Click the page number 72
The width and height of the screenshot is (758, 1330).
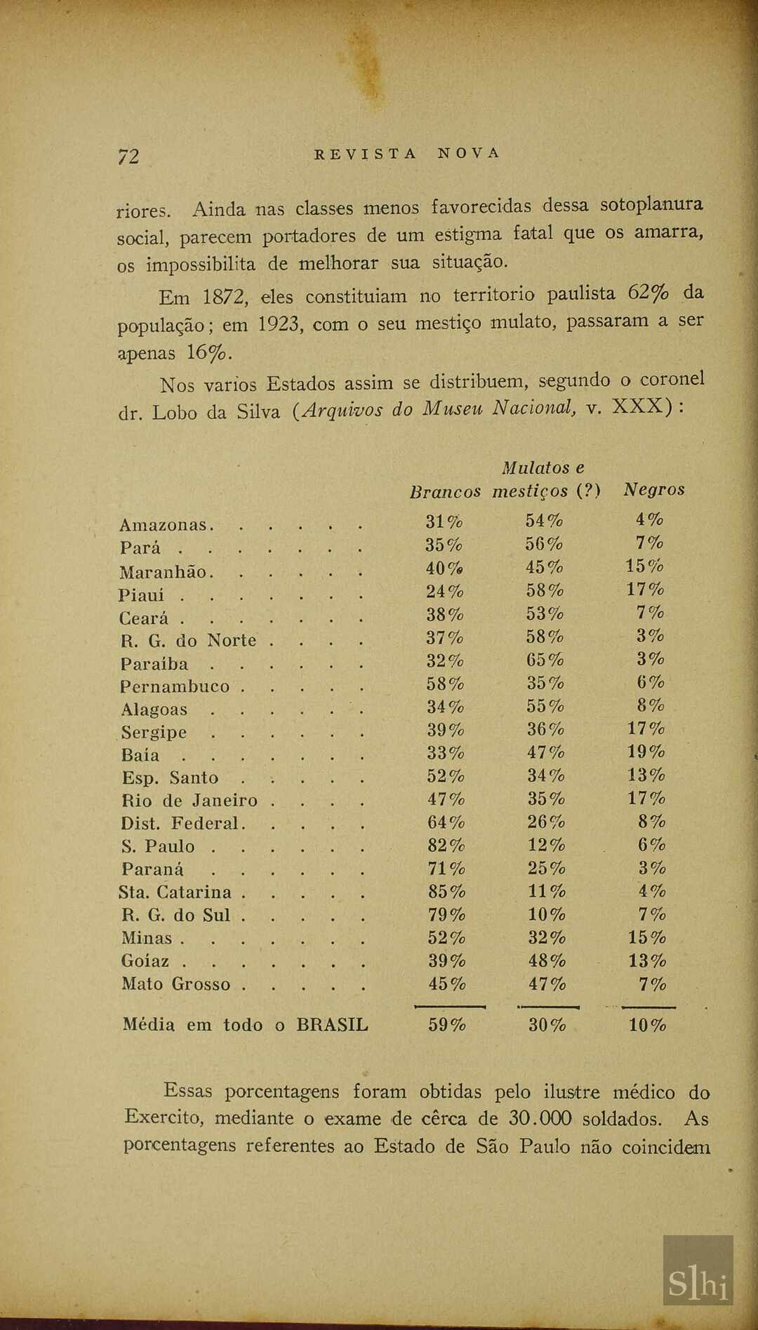coord(128,156)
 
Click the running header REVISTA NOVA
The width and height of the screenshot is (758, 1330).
coord(407,154)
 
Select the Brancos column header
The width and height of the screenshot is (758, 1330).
coord(445,491)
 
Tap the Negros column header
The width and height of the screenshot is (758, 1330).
coord(653,490)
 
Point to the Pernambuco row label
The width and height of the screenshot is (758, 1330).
coord(175,686)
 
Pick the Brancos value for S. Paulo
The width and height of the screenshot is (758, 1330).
coord(446,846)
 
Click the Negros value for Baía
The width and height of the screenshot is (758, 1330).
coord(646,752)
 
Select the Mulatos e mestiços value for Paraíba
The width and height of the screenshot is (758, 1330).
coord(545,660)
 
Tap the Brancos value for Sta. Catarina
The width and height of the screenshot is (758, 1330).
coord(446,892)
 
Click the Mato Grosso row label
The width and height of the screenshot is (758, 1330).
coord(175,984)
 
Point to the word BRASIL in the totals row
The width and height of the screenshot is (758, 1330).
coord(332,1025)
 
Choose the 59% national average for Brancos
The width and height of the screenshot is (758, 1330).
coord(447,1025)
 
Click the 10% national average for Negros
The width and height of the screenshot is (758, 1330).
coord(647,1025)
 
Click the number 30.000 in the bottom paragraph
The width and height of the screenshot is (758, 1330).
coord(540,1119)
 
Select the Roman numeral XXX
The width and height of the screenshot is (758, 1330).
coord(638,407)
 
